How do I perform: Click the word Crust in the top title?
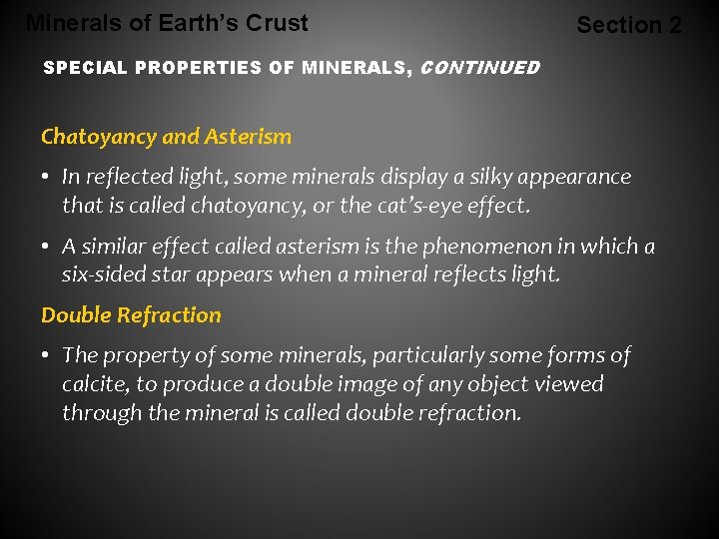279,22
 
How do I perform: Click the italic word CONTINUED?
480,69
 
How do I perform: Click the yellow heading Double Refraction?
131,315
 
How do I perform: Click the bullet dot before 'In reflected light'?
47,178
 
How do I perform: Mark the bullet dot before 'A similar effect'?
47,247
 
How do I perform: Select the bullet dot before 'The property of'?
47,356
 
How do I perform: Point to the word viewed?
570,384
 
